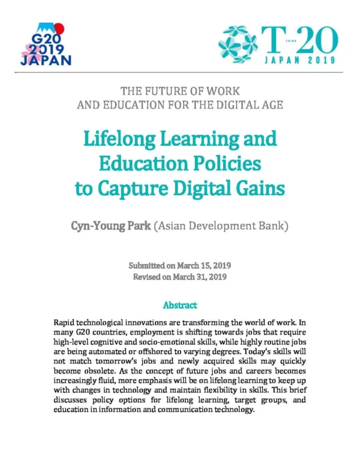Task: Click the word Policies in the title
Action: pos(223,163)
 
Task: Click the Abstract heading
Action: pos(179,305)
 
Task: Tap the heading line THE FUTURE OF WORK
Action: pos(180,91)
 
